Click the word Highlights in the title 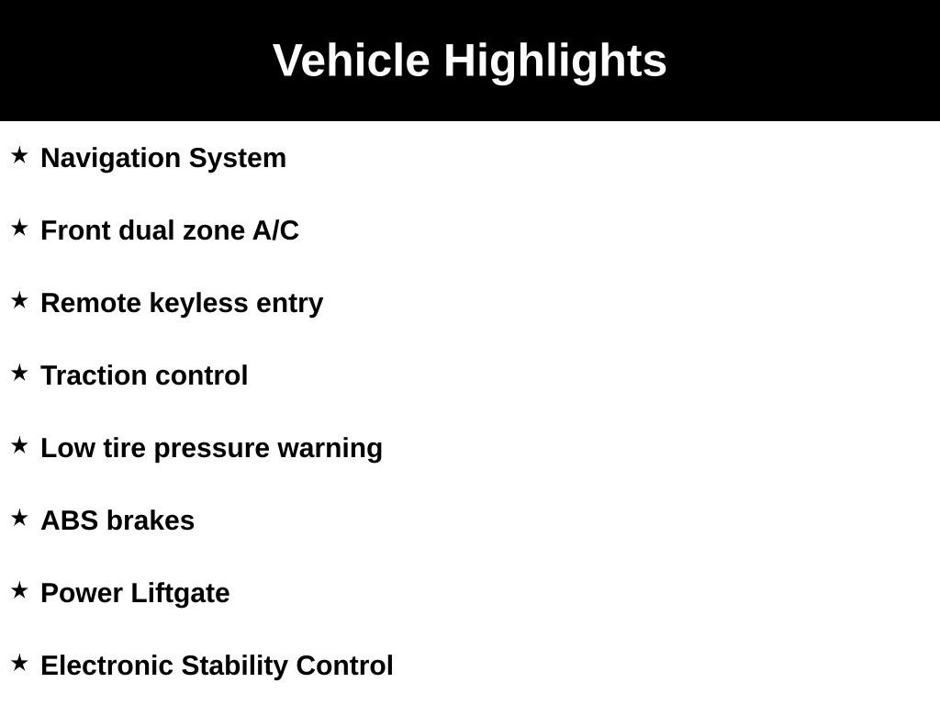[555, 62]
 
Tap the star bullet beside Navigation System [19, 155]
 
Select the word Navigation [111, 158]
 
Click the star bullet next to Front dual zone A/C [19, 228]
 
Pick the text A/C [275, 230]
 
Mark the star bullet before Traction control [19, 373]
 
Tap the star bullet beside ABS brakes [19, 518]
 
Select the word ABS [70, 520]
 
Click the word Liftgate [180, 593]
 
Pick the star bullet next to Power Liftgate [19, 590]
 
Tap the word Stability [235, 666]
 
